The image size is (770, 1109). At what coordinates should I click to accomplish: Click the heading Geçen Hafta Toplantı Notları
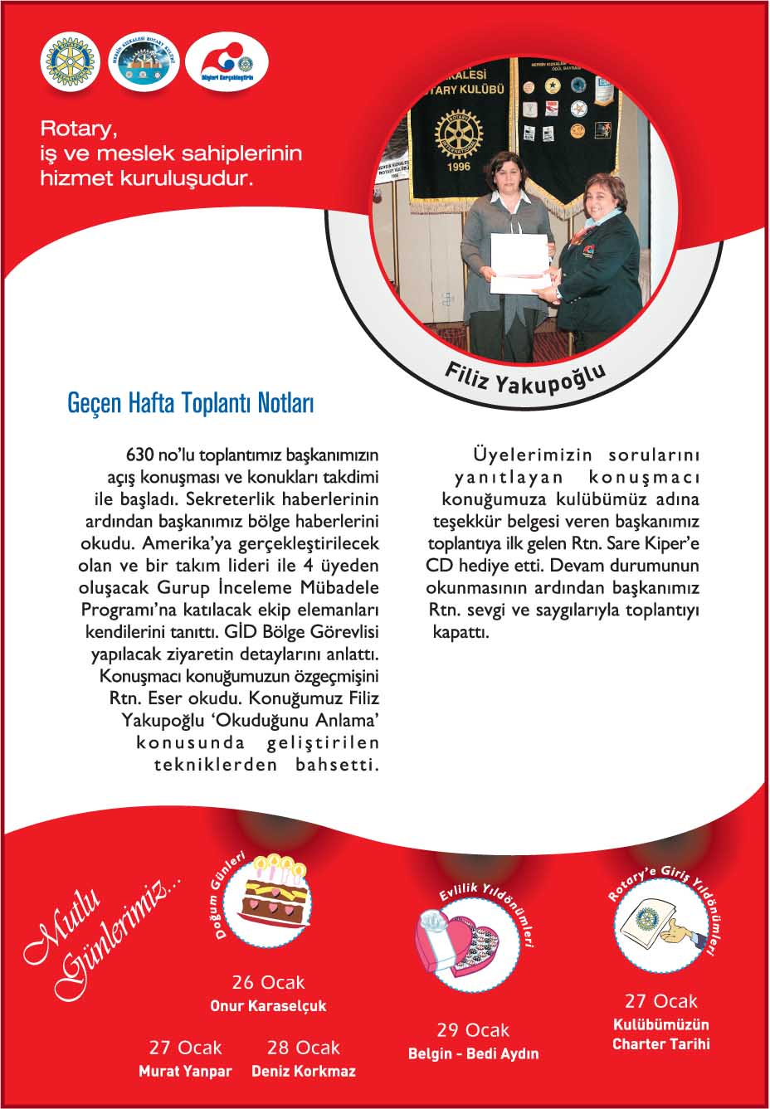(190, 404)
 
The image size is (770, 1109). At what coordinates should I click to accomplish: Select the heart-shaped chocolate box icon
(457, 942)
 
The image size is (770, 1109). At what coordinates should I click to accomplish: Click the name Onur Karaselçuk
(268, 1006)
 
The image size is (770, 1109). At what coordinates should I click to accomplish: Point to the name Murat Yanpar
(185, 1071)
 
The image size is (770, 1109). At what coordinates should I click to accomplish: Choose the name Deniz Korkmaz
(304, 1071)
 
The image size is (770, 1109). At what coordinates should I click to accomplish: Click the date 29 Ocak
(473, 1030)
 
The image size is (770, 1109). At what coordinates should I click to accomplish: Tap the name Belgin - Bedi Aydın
(473, 1054)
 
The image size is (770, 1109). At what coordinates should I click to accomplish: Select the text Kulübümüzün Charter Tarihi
(660, 1034)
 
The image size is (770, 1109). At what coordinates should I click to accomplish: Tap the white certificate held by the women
(520, 263)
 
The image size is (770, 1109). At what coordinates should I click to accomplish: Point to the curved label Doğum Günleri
(227, 898)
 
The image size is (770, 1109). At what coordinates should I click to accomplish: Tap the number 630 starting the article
(141, 455)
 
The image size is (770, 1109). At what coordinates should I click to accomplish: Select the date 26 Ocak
(268, 983)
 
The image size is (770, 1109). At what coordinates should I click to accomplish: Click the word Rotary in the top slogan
(75, 129)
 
